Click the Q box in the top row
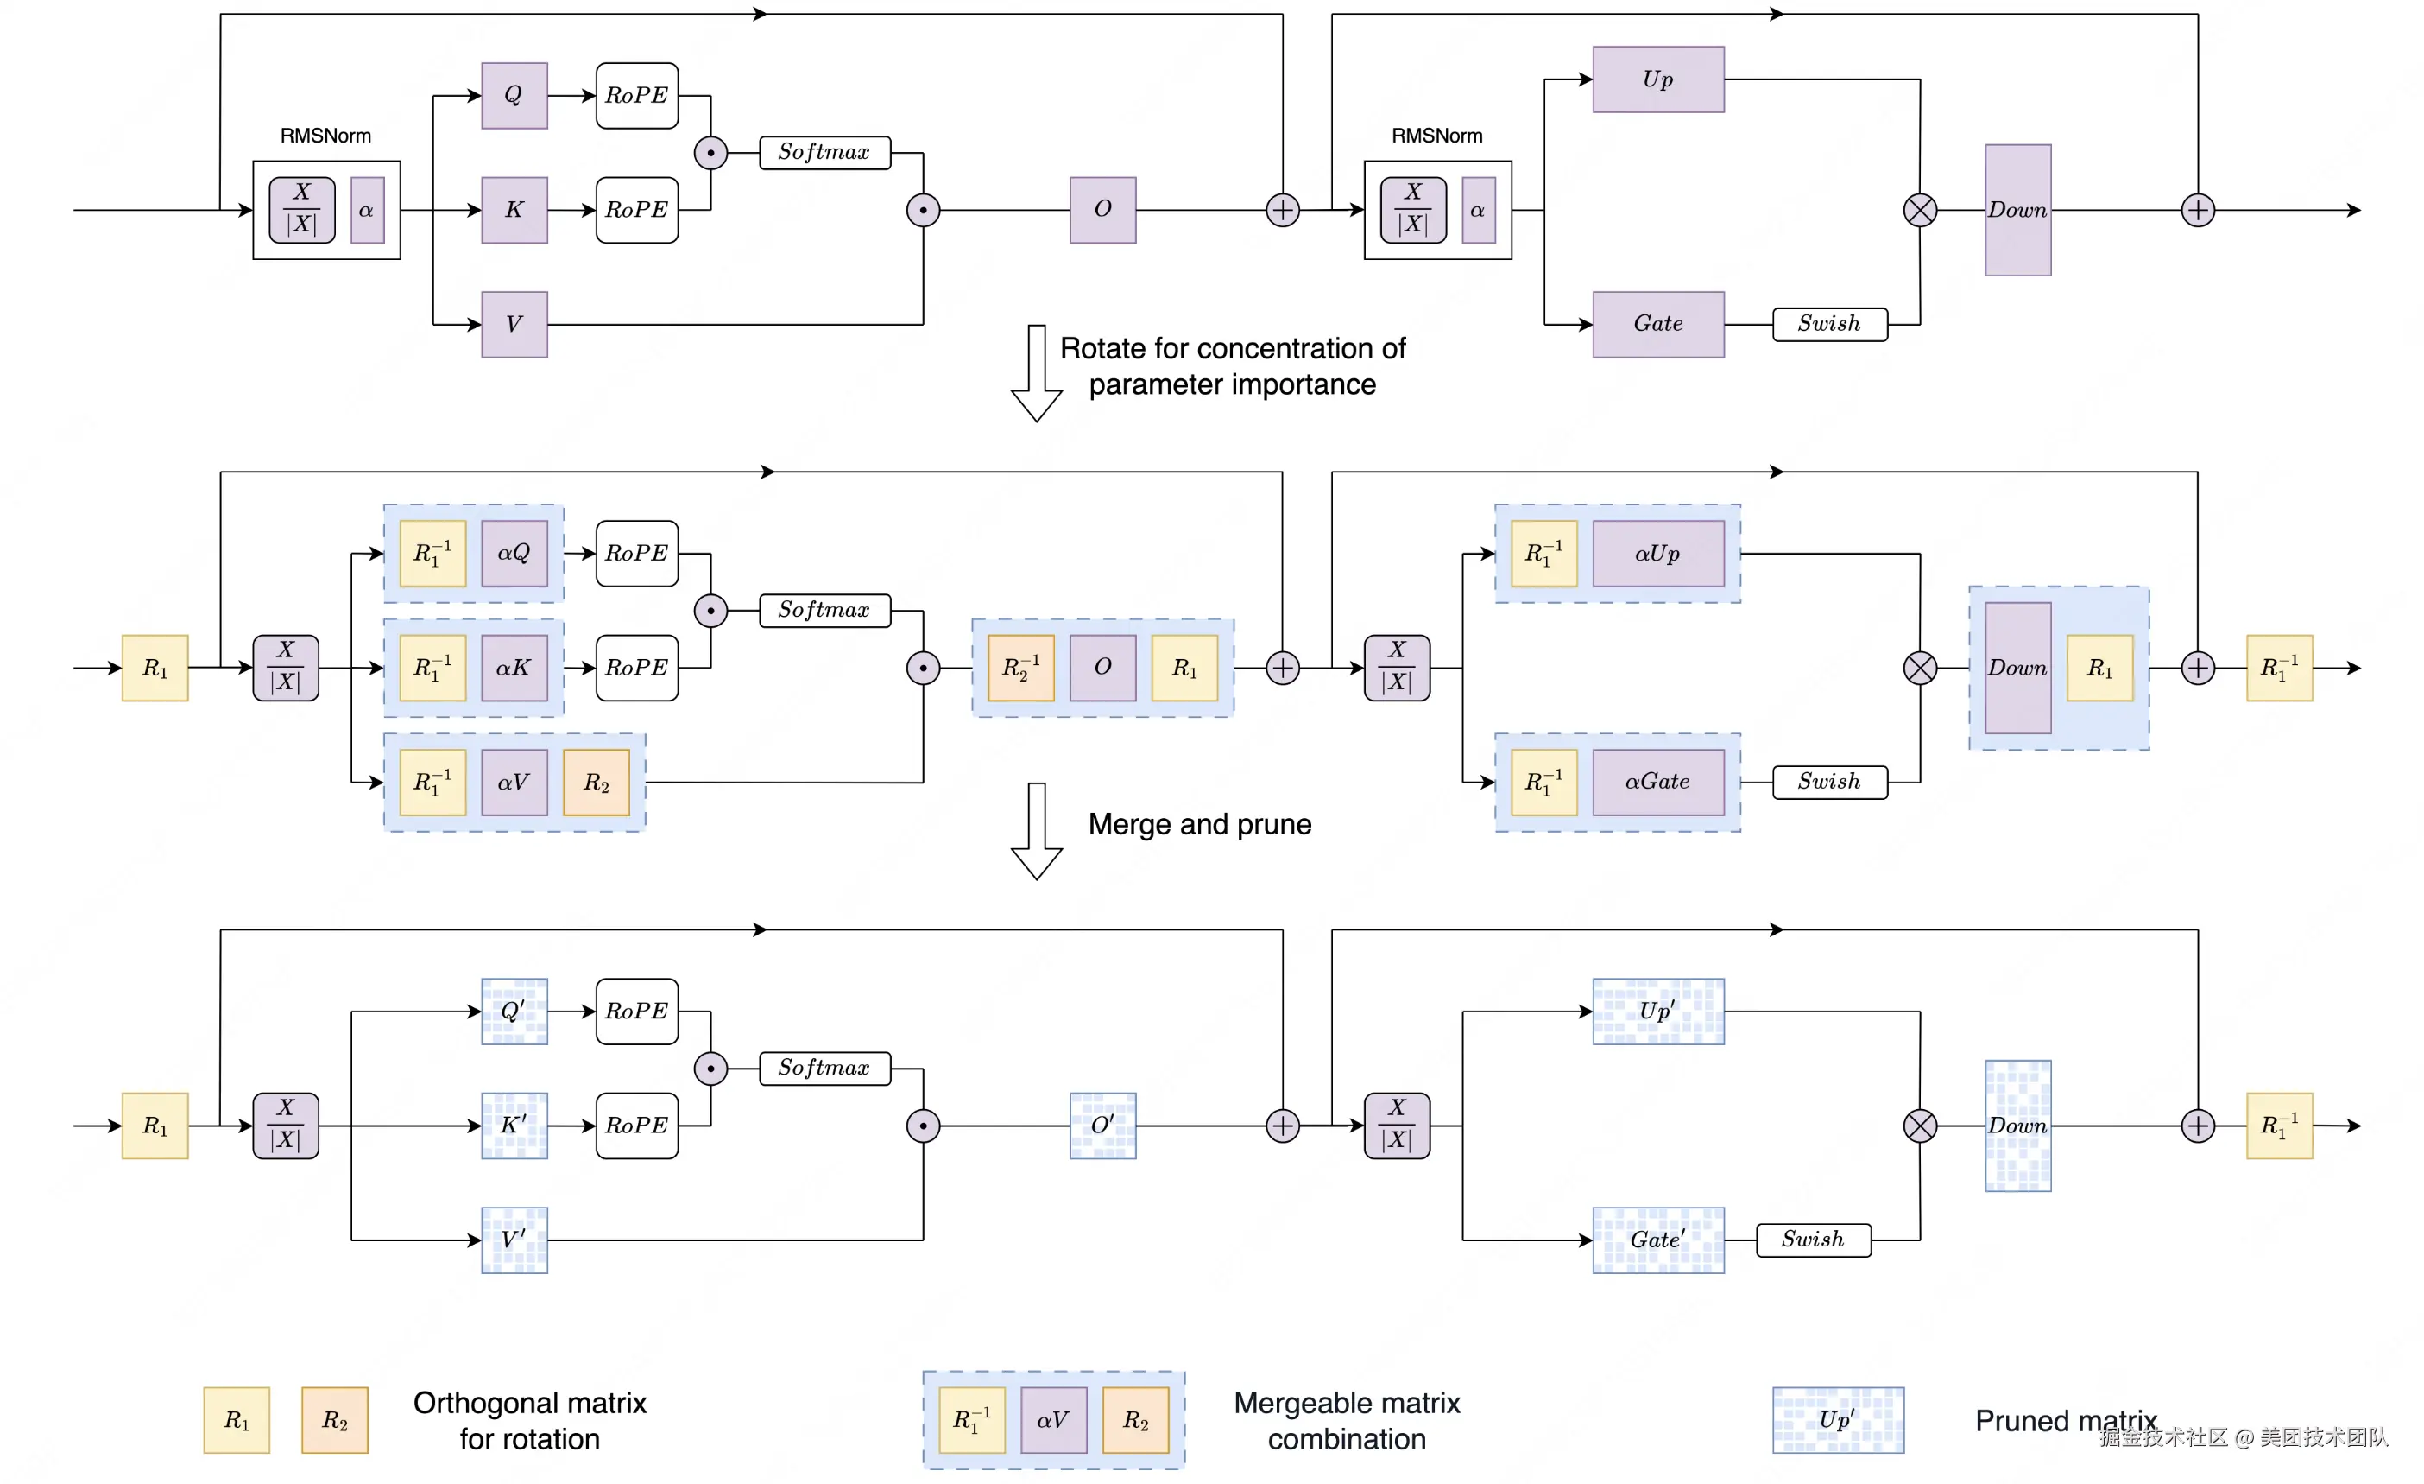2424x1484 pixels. point(514,96)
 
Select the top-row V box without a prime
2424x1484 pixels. point(514,325)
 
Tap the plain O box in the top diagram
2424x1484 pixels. point(1103,210)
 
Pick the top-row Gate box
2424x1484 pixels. point(1657,325)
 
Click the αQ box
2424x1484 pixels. point(514,553)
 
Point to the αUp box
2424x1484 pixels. point(1657,553)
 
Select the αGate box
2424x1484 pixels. point(1657,783)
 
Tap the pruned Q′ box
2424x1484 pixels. point(514,1011)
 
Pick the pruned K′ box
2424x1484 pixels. point(514,1125)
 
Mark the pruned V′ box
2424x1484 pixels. point(514,1240)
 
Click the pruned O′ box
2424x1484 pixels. point(1103,1125)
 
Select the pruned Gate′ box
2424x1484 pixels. point(1657,1240)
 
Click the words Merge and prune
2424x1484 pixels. point(1199,825)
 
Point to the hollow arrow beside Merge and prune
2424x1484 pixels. point(1036,832)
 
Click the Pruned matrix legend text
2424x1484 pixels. point(2064,1420)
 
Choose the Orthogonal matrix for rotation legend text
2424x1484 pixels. point(529,1420)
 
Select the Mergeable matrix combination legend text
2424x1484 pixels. point(1346,1420)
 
